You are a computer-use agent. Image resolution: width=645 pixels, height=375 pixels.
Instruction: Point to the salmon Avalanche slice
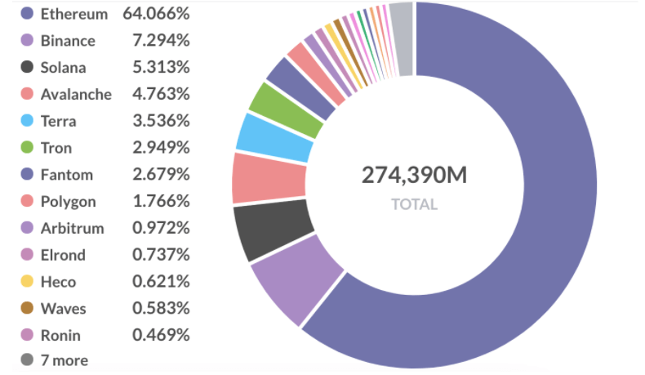point(269,177)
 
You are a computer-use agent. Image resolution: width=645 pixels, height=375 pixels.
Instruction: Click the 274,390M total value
point(414,175)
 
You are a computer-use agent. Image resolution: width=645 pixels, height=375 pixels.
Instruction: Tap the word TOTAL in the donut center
point(414,204)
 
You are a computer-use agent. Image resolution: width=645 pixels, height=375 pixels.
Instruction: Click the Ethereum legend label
point(73,14)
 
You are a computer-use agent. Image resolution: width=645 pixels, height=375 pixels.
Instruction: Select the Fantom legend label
point(66,175)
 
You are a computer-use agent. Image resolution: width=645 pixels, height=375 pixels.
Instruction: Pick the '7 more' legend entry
point(64,360)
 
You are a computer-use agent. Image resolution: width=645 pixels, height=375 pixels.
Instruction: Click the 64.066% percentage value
point(156,14)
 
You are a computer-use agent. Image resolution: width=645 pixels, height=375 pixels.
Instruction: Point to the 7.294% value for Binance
point(161,41)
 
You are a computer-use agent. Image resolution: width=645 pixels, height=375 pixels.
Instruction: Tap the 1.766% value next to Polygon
point(161,202)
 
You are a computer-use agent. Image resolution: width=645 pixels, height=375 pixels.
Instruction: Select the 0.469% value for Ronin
point(161,336)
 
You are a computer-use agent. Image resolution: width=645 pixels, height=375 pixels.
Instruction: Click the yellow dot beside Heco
point(26,282)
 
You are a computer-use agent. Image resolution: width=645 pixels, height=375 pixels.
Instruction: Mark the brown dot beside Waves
point(26,309)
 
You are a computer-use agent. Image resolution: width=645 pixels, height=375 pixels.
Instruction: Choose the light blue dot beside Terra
point(26,121)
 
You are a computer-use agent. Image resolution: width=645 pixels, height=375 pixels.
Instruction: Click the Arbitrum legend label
point(72,229)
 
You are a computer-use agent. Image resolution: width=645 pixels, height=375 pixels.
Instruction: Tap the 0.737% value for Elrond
point(161,255)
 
